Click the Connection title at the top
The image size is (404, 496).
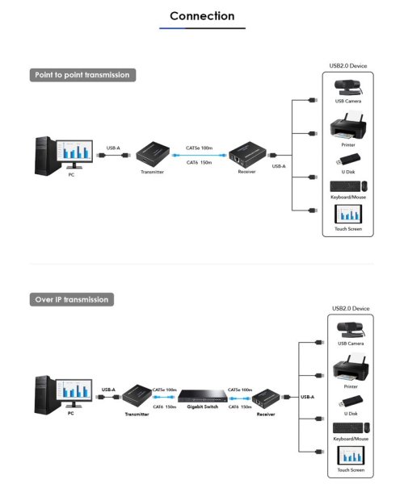(202, 16)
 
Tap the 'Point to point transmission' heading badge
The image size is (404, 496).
(82, 75)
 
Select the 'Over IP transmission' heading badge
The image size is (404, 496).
(72, 299)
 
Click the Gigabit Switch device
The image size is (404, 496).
(203, 395)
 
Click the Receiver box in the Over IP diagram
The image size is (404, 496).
(266, 399)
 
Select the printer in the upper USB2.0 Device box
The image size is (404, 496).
(348, 126)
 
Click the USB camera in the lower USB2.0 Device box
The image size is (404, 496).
(351, 330)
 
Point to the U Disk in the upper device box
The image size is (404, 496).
(348, 160)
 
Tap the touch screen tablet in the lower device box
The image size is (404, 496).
(351, 455)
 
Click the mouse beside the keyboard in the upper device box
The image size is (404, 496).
(364, 186)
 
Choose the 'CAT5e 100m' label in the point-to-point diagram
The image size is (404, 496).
(199, 148)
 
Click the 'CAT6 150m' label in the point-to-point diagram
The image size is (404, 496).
(199, 163)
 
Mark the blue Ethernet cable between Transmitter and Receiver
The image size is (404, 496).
(199, 156)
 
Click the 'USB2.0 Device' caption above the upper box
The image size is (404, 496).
(348, 66)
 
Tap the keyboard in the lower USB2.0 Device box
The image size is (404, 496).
(347, 428)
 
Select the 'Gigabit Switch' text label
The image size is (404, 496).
(203, 406)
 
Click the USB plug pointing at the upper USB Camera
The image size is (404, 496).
(313, 100)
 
